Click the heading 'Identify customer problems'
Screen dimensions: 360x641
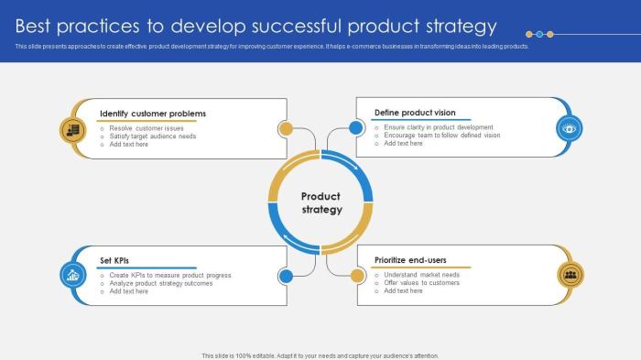pyautogui.click(x=153, y=114)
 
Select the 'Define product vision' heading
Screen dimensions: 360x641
pyautogui.click(x=415, y=113)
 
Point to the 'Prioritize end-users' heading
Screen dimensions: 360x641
pyautogui.click(x=410, y=260)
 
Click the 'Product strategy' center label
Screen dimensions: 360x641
pyautogui.click(x=320, y=202)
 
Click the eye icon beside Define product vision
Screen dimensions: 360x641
pyautogui.click(x=570, y=128)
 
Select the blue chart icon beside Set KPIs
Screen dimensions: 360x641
pyautogui.click(x=71, y=274)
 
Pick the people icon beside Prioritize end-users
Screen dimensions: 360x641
pyautogui.click(x=570, y=274)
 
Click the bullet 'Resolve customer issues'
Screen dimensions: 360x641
pyautogui.click(x=147, y=128)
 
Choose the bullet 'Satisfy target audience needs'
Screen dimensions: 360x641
pyautogui.click(x=153, y=136)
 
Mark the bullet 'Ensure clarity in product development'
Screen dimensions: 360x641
pyautogui.click(x=439, y=127)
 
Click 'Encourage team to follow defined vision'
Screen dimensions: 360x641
pyautogui.click(x=442, y=136)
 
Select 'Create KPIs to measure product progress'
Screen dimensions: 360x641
pyautogui.click(x=170, y=275)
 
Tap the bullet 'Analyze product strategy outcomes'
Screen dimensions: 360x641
pyautogui.click(x=161, y=283)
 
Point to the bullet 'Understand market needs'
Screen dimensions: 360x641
pyautogui.click(x=422, y=275)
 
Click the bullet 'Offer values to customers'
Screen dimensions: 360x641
pyautogui.click(x=422, y=283)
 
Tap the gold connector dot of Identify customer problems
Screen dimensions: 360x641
pyautogui.click(x=285, y=128)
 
